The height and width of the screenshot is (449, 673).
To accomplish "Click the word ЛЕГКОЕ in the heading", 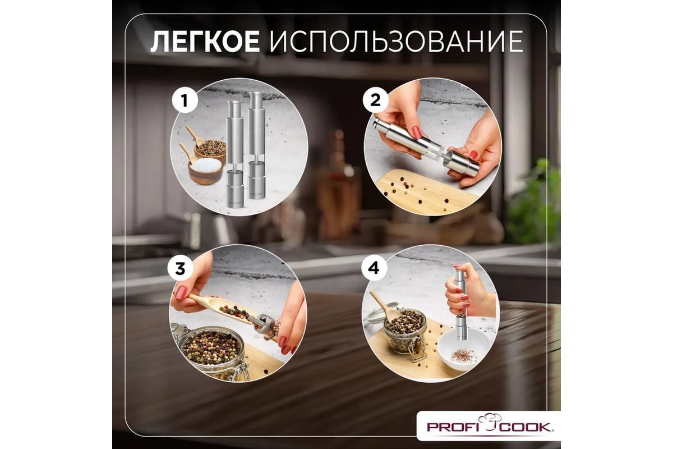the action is pos(205,41).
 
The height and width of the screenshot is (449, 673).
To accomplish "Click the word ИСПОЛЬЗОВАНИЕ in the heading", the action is pos(396,41).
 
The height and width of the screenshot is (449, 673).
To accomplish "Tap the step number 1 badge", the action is pos(185,100).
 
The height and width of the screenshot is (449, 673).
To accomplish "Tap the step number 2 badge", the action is pos(375,100).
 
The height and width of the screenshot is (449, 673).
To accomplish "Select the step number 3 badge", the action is pos(180,268).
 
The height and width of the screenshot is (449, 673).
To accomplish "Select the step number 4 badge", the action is pos(374,268).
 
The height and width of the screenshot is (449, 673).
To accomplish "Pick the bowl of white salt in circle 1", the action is pos(205,170).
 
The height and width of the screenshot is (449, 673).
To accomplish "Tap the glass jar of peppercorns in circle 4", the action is pos(405,330).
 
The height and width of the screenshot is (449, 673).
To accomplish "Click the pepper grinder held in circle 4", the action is pos(461,304).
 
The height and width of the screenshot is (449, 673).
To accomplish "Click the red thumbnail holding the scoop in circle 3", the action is pos(182,292).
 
